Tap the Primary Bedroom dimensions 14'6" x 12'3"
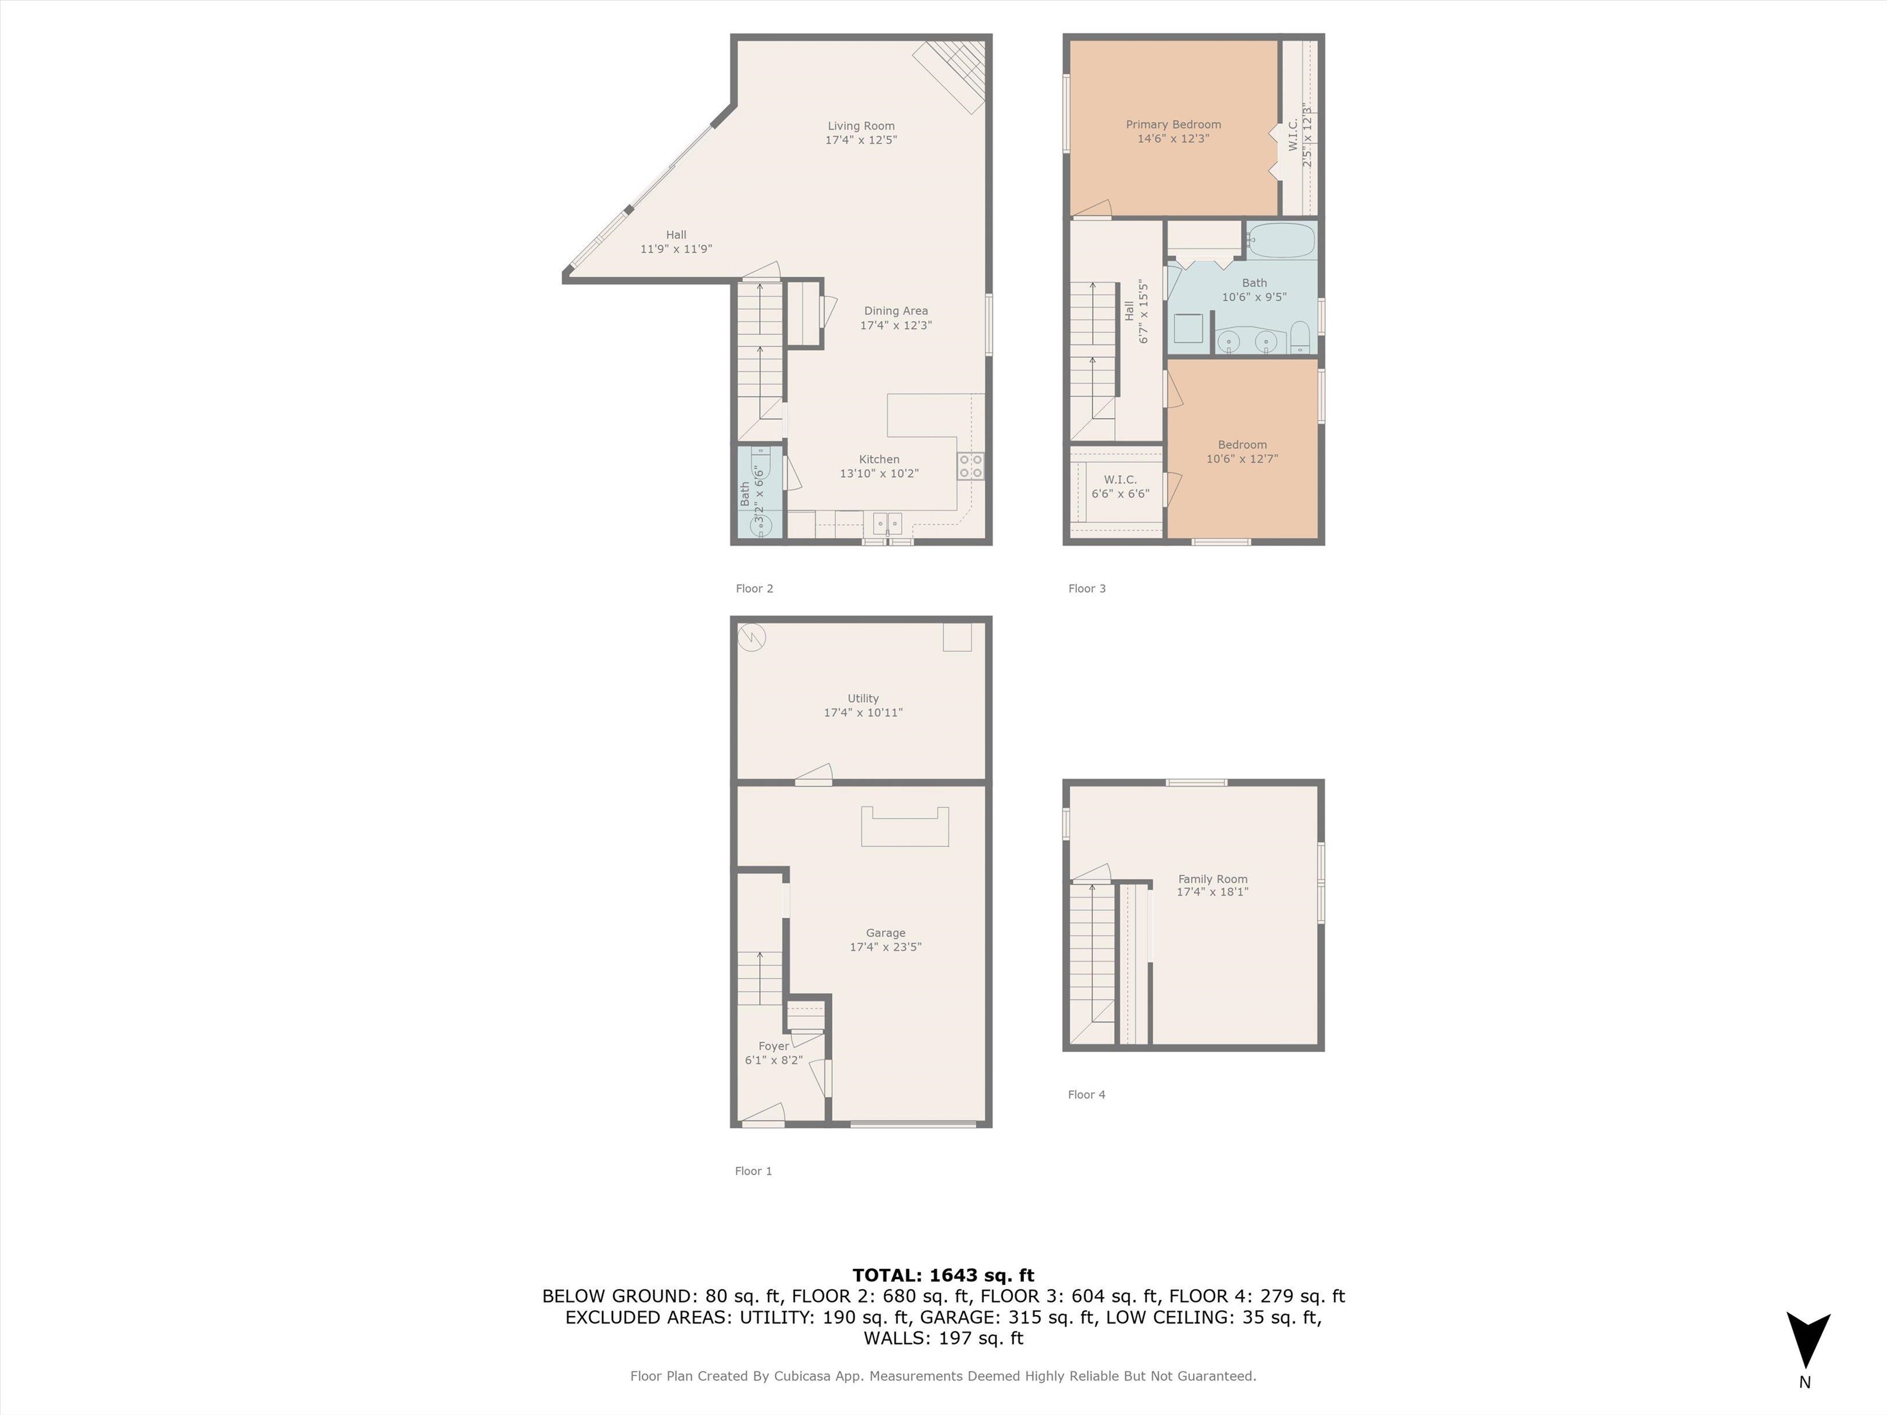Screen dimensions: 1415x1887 pyautogui.click(x=1173, y=138)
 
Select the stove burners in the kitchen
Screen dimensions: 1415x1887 pyautogui.click(x=971, y=466)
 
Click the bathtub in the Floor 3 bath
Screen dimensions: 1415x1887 pyautogui.click(x=1281, y=241)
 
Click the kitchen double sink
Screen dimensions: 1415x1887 pyautogui.click(x=887, y=523)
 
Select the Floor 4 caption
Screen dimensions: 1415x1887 pyautogui.click(x=1086, y=1094)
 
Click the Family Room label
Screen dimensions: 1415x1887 pyautogui.click(x=1212, y=878)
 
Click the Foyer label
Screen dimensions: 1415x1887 pyautogui.click(x=774, y=1046)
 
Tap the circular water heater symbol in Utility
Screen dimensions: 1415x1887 pyautogui.click(x=752, y=636)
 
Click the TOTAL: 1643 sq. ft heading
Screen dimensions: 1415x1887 pyautogui.click(x=943, y=1275)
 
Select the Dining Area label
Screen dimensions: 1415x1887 pyautogui.click(x=896, y=311)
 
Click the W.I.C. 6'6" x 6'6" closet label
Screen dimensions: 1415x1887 pyautogui.click(x=1120, y=486)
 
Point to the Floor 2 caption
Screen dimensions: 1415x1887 pyautogui.click(x=754, y=588)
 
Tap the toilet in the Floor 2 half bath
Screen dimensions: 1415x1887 pyautogui.click(x=760, y=467)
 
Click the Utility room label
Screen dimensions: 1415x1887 pyautogui.click(x=862, y=698)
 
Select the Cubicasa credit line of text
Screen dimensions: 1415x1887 pyautogui.click(x=943, y=1376)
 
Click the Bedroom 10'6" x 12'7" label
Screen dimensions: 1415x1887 pyautogui.click(x=1242, y=451)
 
